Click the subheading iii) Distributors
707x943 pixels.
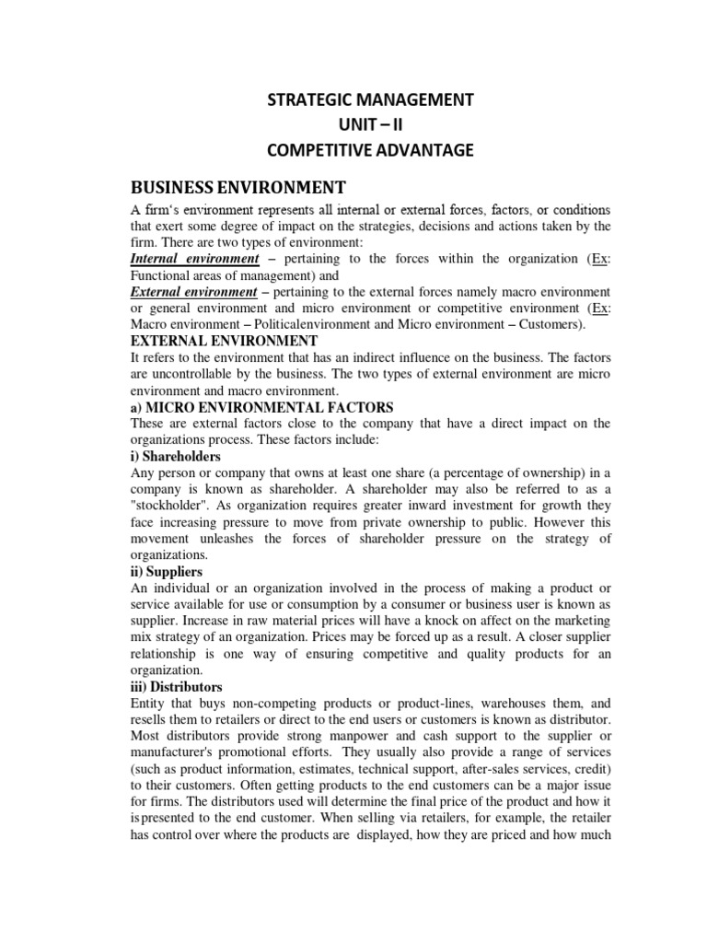177,687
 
